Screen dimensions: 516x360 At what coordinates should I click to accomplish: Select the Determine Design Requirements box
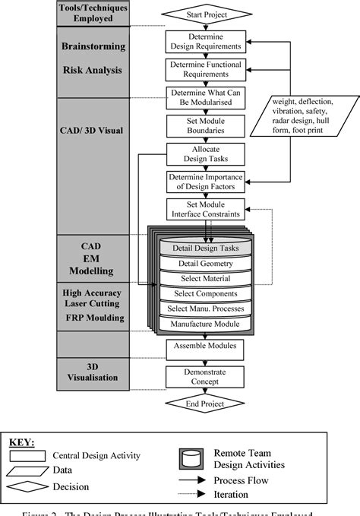[205, 42]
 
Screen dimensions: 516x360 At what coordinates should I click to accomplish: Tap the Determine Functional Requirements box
[205, 69]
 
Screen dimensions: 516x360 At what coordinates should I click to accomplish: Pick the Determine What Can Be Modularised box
[205, 97]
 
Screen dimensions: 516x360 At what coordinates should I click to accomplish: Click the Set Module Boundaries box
[205, 125]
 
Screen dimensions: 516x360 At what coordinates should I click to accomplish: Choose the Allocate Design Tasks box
[205, 154]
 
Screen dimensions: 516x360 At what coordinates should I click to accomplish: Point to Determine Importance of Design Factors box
[205, 182]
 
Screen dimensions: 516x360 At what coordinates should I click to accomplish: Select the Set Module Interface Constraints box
[205, 210]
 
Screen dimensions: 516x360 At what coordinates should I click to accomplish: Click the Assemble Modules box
[205, 347]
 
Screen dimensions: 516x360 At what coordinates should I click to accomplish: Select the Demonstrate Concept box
[205, 375]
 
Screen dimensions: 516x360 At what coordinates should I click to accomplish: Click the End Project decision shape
[205, 404]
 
